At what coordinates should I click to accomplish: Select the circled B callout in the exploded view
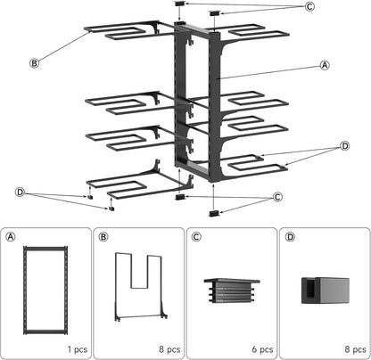click(x=33, y=62)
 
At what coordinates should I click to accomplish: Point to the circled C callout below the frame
click(x=277, y=197)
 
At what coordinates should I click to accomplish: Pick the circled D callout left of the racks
click(x=20, y=192)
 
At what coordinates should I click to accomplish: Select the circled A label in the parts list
click(x=12, y=237)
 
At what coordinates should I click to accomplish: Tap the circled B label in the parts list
click(x=103, y=237)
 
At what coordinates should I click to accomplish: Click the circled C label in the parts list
click(x=196, y=237)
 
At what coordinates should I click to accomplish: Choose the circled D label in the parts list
click(x=288, y=237)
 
